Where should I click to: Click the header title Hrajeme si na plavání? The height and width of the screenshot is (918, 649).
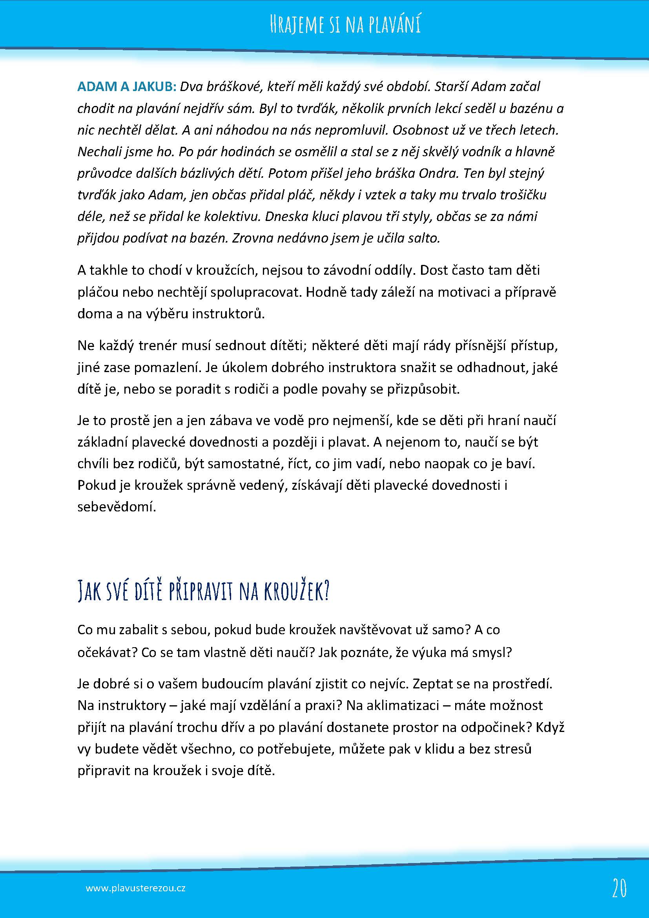click(345, 24)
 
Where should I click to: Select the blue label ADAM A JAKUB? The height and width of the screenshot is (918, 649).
click(127, 87)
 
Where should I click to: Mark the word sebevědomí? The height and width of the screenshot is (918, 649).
click(116, 507)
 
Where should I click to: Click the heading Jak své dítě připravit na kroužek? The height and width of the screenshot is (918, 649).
click(203, 591)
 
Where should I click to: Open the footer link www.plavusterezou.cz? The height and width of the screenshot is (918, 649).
click(135, 877)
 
